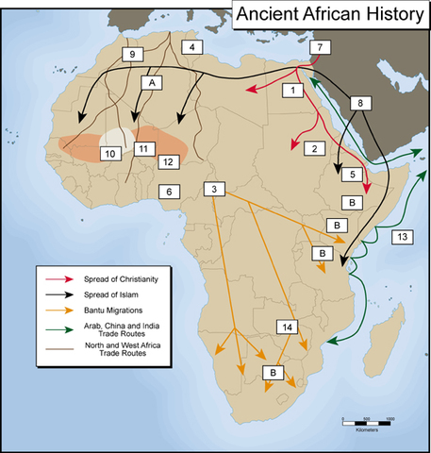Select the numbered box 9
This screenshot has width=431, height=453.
click(132, 54)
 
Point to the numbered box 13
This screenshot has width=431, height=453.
click(402, 235)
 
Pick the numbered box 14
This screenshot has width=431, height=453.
click(289, 327)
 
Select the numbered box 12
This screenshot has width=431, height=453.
click(170, 162)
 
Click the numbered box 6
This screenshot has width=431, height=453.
click(169, 192)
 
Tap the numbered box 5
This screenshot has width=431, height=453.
click(348, 175)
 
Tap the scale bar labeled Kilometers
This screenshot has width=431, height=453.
click(367, 418)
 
